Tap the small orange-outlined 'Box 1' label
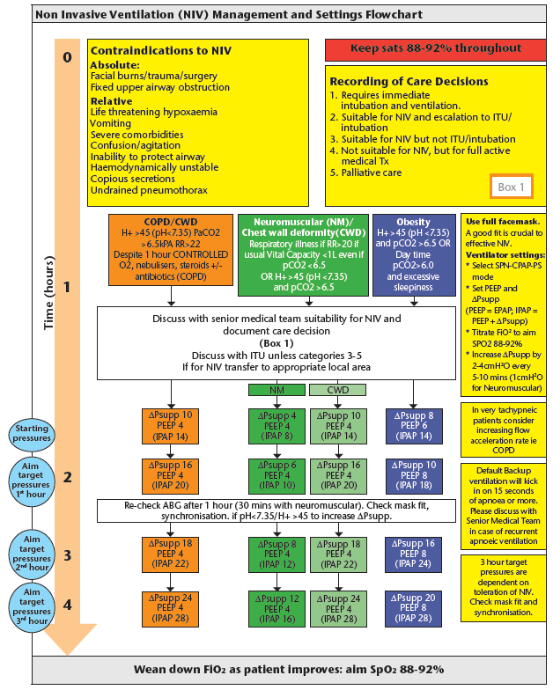[511, 187]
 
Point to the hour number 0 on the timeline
[67, 57]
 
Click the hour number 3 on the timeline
[67, 556]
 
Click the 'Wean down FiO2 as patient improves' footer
[276, 669]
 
